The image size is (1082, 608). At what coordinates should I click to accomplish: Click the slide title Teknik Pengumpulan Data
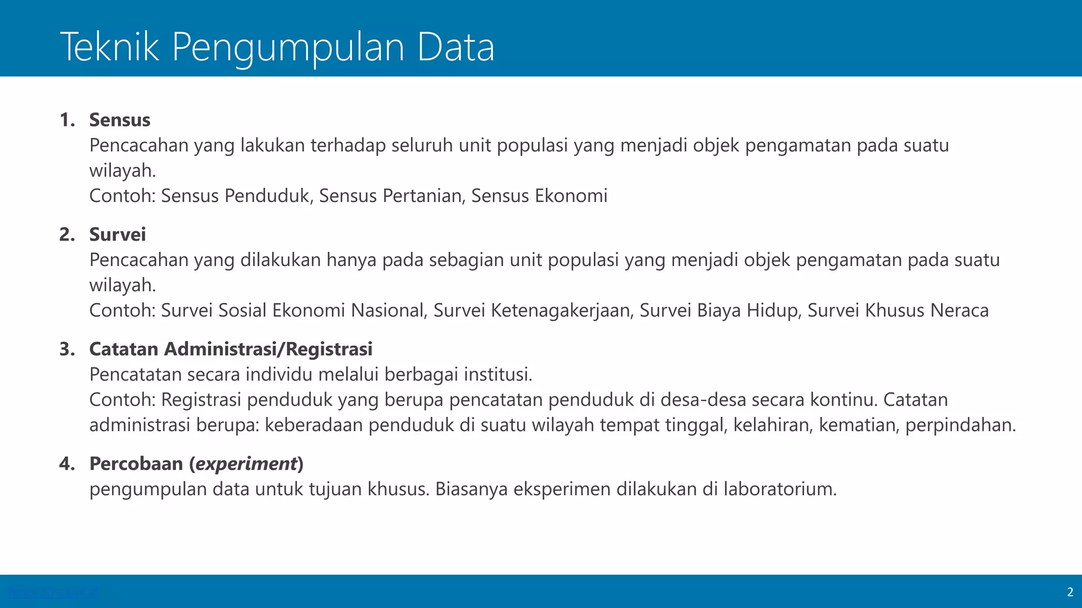(x=277, y=46)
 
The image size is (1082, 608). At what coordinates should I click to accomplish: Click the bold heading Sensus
(x=119, y=120)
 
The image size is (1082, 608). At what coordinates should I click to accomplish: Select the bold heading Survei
(x=117, y=234)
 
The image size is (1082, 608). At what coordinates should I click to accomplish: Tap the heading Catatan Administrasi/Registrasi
(x=231, y=349)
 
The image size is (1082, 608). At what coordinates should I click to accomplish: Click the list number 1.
(x=67, y=120)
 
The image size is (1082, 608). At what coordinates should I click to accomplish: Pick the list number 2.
(x=67, y=234)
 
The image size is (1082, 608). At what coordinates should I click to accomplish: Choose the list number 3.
(x=67, y=349)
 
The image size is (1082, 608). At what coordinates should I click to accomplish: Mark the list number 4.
(x=67, y=463)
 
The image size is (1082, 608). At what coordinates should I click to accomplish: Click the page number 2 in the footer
(x=1070, y=592)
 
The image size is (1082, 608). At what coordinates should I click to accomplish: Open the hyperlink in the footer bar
(x=53, y=592)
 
